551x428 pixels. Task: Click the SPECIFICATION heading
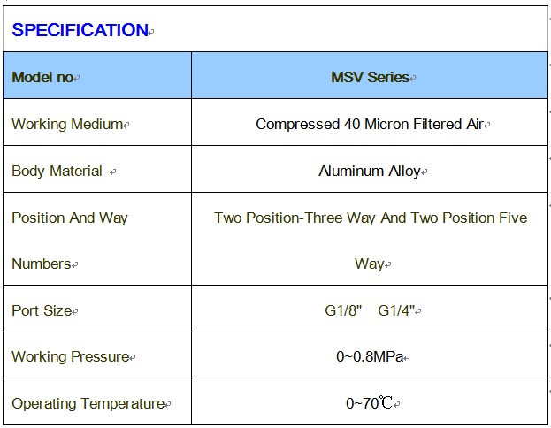pos(80,30)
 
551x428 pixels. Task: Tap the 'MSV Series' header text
pos(370,77)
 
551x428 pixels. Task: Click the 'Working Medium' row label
pos(67,124)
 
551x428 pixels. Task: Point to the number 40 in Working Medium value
pos(352,124)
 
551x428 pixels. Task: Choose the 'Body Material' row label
pos(57,172)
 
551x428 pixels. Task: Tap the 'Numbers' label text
pos(42,264)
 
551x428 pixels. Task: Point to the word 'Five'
pos(513,218)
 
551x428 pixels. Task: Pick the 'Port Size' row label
pos(42,310)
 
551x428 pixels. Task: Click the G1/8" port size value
pos(343,310)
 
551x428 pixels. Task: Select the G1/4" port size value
pos(396,310)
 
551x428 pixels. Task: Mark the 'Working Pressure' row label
pos(70,356)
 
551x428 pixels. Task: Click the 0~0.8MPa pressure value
pos(370,356)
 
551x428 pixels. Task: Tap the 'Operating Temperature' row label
pos(88,403)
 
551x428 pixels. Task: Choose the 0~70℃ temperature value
pos(369,403)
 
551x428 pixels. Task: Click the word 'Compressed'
pos(297,125)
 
